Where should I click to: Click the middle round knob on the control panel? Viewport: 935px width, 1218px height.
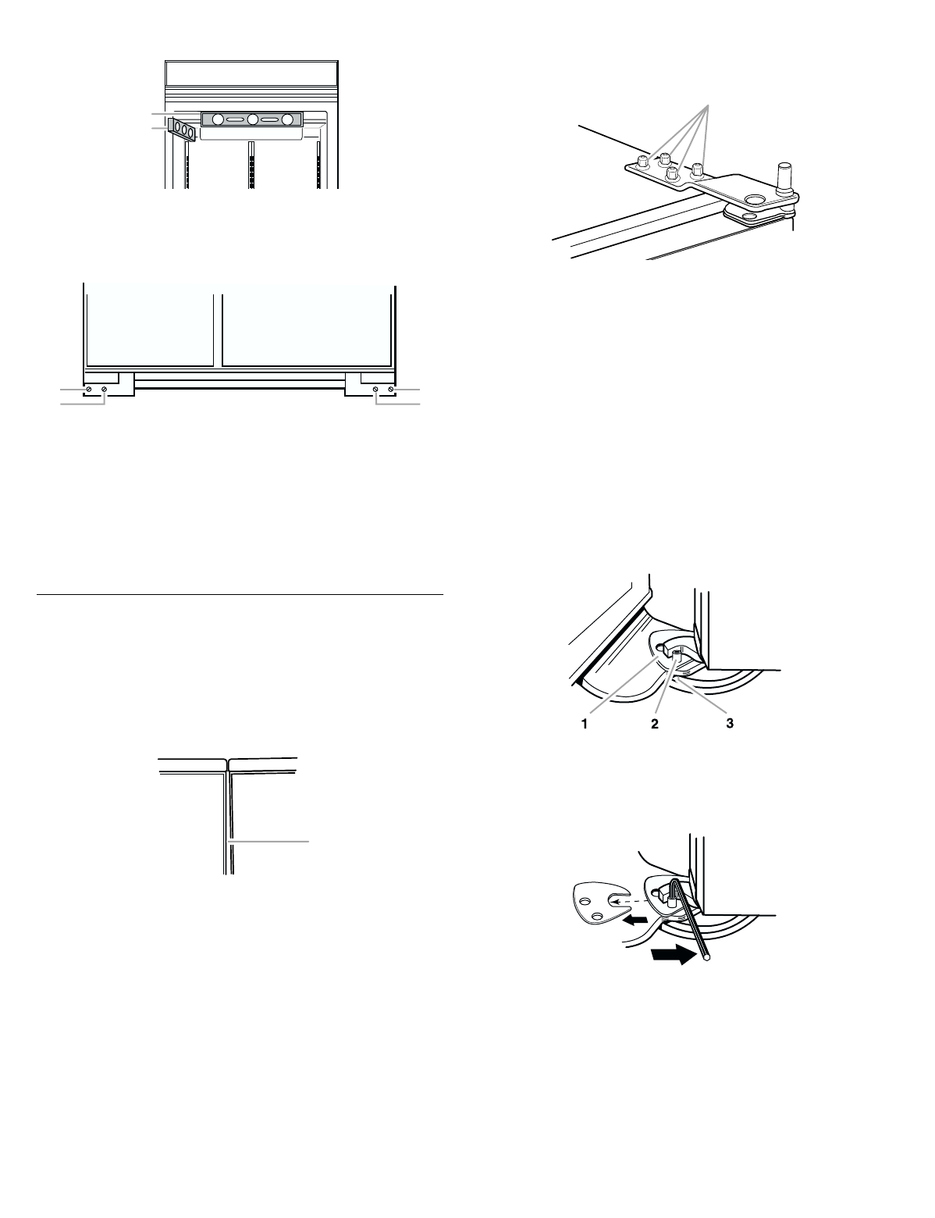point(252,119)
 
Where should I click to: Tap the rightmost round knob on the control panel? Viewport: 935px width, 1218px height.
point(288,119)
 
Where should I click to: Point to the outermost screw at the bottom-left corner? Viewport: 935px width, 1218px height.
point(88,389)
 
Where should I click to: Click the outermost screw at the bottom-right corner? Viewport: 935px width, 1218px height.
point(391,389)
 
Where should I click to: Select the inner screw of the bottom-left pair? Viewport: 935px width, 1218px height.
point(104,389)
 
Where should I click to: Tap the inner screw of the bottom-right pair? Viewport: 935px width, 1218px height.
point(375,389)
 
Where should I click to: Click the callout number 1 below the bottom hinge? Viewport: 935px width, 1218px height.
point(584,724)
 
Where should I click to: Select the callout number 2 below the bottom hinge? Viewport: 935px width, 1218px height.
point(656,724)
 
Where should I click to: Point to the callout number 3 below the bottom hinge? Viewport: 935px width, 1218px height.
point(729,724)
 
